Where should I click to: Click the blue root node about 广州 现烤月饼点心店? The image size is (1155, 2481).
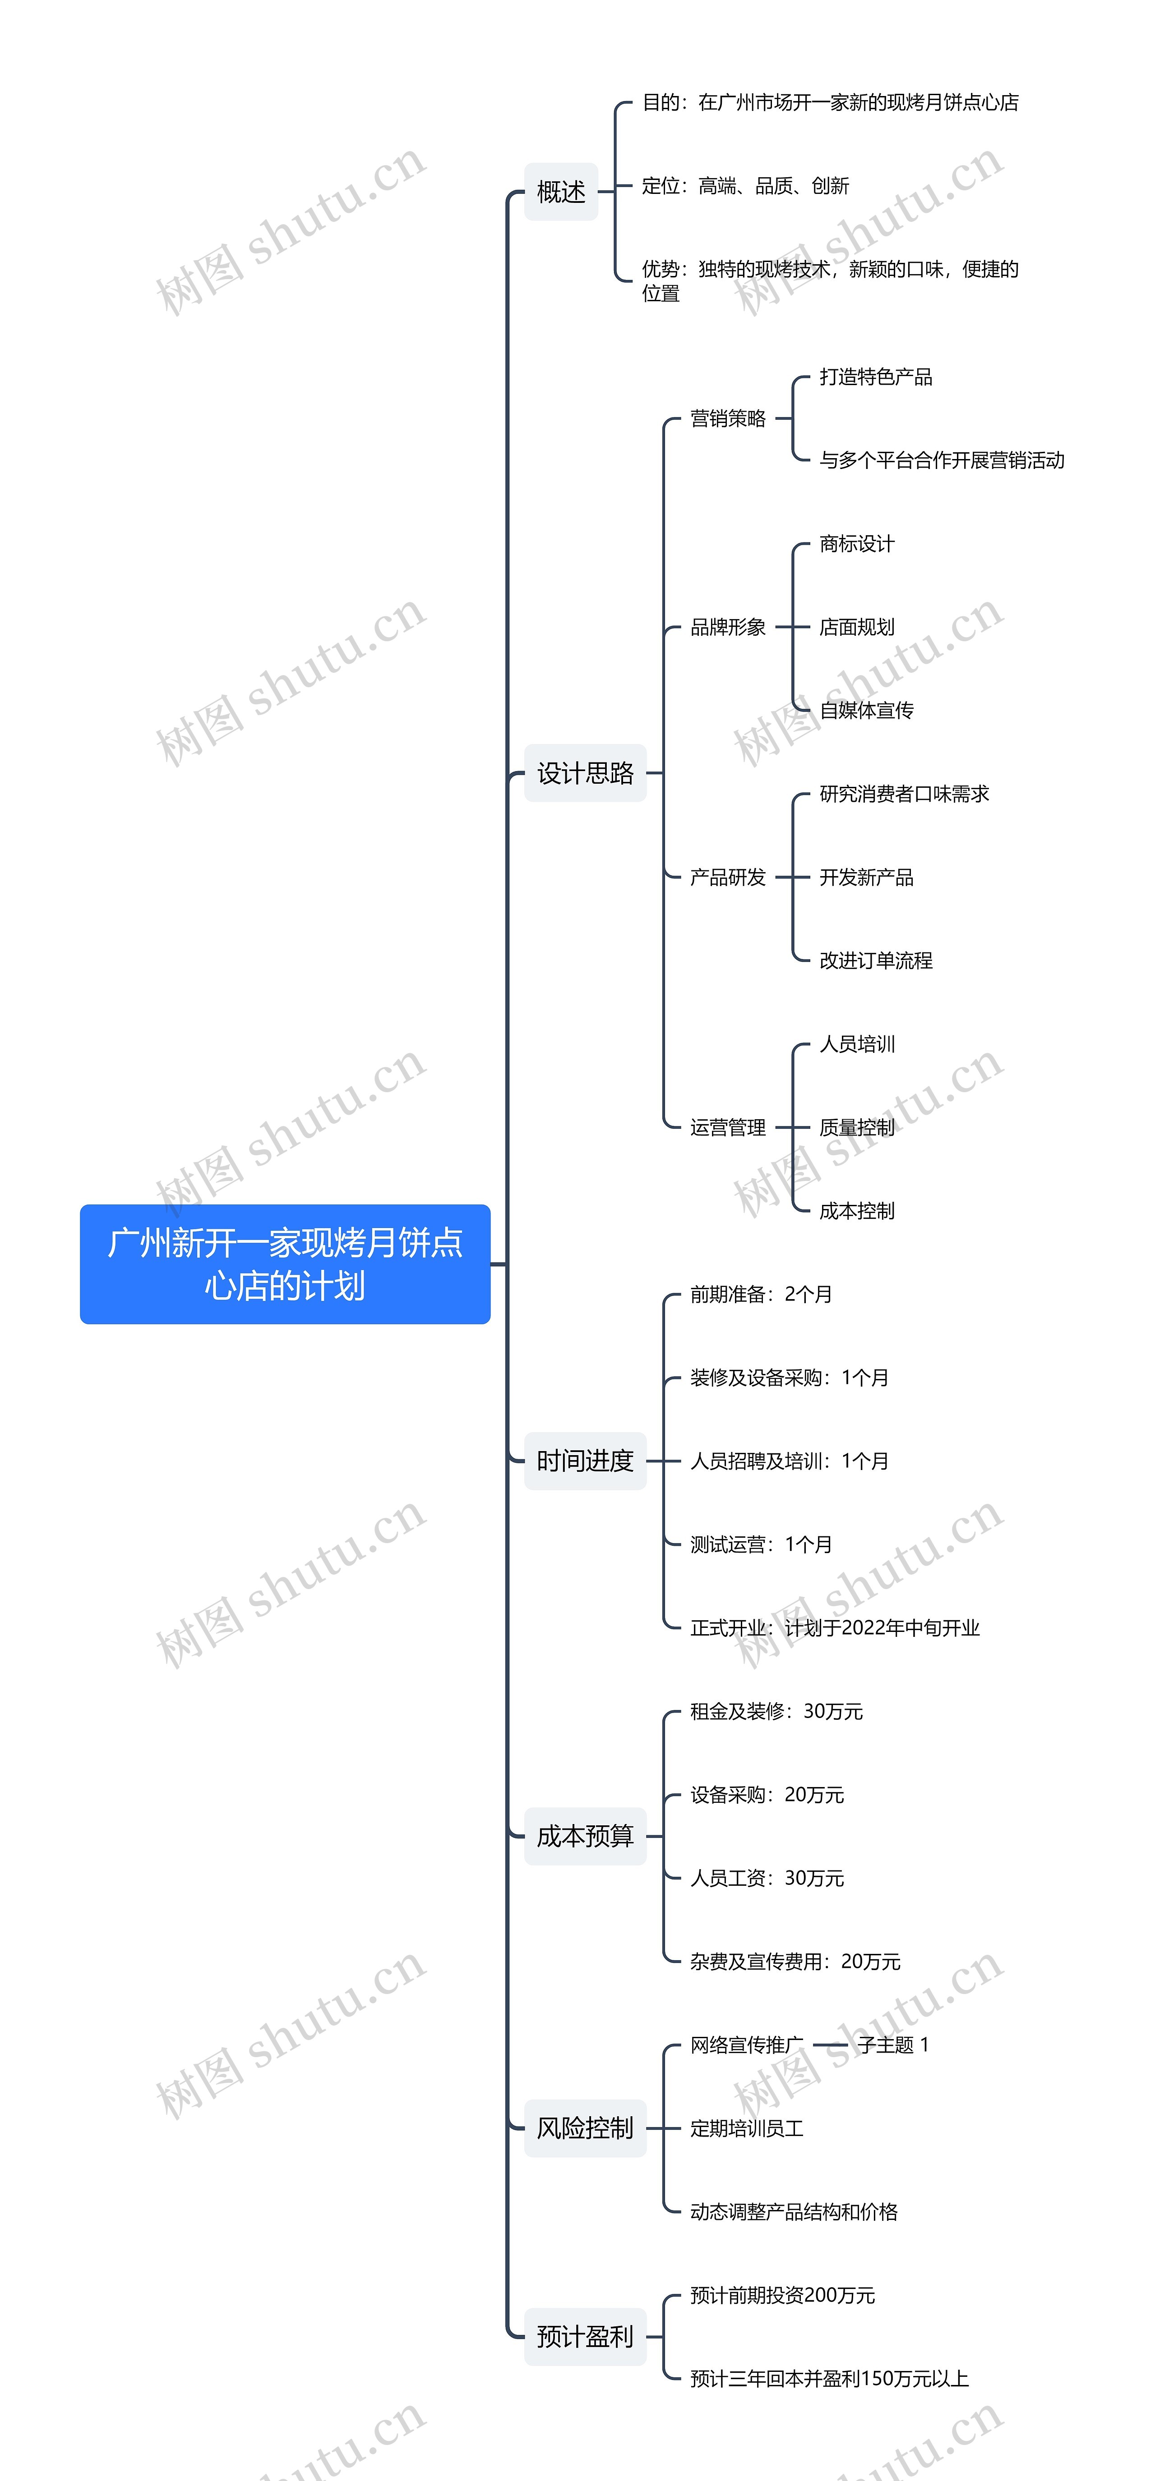click(x=285, y=1263)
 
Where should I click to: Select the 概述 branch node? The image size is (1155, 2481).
click(x=561, y=192)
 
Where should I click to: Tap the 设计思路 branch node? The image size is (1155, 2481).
click(x=585, y=772)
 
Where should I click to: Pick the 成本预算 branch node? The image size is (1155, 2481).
click(x=585, y=1836)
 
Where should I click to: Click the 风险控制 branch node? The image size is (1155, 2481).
click(x=585, y=2127)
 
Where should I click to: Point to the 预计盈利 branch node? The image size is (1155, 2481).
click(x=585, y=2335)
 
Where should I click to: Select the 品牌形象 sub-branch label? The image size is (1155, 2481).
click(x=728, y=627)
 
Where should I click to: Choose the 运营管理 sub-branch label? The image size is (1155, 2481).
click(x=728, y=1127)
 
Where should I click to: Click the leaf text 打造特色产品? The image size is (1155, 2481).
click(x=876, y=377)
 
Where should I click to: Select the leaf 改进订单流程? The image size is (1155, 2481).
click(x=876, y=960)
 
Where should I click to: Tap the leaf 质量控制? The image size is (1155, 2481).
click(x=856, y=1127)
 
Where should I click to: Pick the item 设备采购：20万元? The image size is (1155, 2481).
click(x=767, y=1794)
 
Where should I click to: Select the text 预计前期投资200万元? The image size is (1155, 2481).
click(x=782, y=2295)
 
